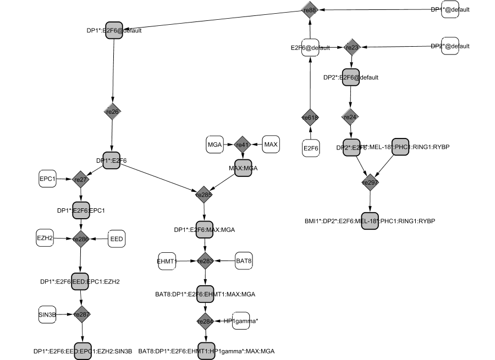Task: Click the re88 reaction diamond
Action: pos(310,9)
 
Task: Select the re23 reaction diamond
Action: pos(352,47)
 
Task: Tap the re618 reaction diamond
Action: pos(310,118)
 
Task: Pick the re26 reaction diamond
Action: pos(112,112)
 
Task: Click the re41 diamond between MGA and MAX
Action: pos(243,145)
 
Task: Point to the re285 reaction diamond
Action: pos(205,194)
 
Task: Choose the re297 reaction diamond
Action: pos(370,182)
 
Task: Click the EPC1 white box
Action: pos(47,179)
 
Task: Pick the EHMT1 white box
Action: pos(167,262)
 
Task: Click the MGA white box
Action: pos(215,144)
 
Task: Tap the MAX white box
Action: pos(271,144)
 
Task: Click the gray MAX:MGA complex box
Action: pos(243,167)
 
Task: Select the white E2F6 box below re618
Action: pos(311,148)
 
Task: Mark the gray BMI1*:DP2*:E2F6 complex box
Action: pos(370,220)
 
